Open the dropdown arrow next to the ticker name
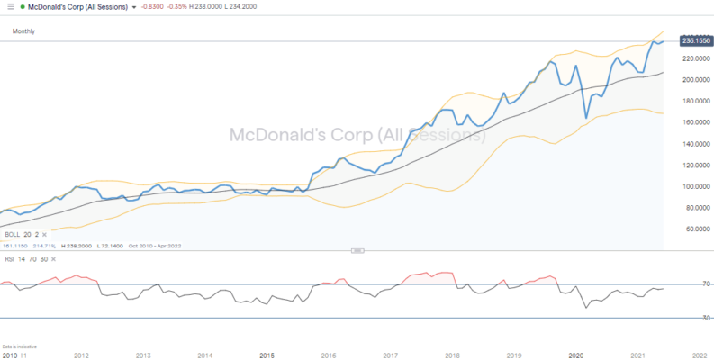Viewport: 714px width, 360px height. click(134, 7)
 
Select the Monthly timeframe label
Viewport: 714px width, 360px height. click(23, 31)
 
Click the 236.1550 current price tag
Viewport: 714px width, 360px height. click(690, 41)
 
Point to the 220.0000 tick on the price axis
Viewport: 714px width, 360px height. click(688, 58)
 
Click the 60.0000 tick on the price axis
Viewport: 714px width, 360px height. click(690, 229)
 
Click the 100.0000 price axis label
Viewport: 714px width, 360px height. click(688, 186)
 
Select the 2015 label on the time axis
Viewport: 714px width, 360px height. click(267, 355)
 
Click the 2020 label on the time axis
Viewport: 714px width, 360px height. click(577, 355)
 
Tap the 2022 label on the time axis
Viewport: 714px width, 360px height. click(699, 355)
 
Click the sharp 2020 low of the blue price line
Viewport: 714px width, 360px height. click(586, 118)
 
